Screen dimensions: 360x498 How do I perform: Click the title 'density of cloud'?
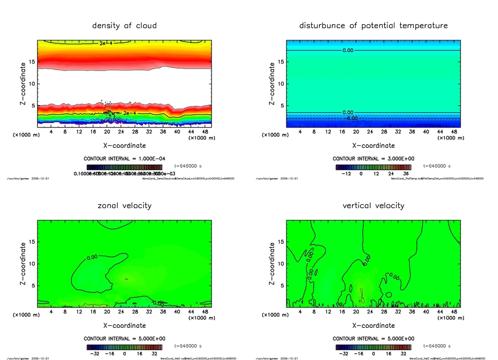124,25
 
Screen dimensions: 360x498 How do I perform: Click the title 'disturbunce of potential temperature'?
373,25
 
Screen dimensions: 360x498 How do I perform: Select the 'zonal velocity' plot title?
124,205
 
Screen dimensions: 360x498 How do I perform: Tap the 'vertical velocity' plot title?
373,205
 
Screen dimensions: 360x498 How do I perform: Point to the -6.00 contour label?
351,118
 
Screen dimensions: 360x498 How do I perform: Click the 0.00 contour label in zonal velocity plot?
92,257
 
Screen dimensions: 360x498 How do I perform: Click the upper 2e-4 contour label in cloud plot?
106,43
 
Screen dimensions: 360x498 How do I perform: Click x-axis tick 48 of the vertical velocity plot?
454,312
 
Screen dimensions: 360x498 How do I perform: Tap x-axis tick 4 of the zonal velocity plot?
51,312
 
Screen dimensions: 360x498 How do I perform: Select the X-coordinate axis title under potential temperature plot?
373,145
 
